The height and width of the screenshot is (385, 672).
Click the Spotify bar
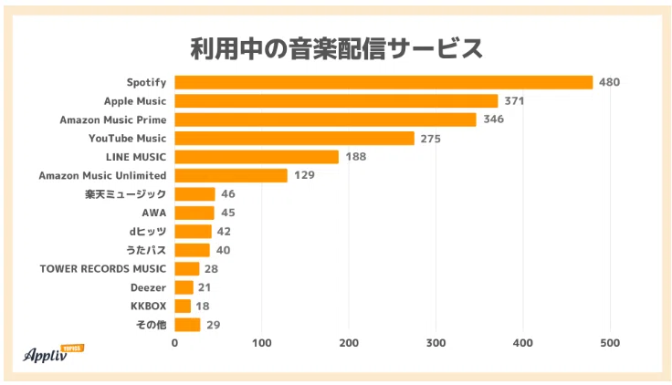click(x=383, y=82)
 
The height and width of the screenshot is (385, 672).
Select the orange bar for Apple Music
click(x=336, y=101)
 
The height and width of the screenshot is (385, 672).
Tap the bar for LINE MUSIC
click(x=257, y=157)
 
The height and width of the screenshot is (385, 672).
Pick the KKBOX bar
click(x=183, y=306)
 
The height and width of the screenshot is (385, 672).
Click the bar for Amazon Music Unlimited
click(x=231, y=175)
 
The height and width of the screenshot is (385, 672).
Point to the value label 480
click(x=609, y=82)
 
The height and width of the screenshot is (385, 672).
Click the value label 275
click(x=430, y=139)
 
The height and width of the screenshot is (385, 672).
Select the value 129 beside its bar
click(x=304, y=175)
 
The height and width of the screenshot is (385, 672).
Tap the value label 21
click(x=204, y=287)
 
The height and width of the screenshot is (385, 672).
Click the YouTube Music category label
click(x=127, y=139)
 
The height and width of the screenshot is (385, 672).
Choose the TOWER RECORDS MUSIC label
click(x=103, y=268)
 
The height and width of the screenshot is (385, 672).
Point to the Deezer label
click(x=148, y=287)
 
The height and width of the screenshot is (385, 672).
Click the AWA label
click(x=154, y=213)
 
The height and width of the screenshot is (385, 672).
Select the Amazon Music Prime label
click(x=113, y=120)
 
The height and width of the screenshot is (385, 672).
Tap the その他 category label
click(x=151, y=325)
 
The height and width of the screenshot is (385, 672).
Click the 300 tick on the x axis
click(x=436, y=343)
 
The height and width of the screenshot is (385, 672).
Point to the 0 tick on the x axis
click(x=175, y=343)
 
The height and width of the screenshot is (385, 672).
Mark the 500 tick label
click(x=610, y=343)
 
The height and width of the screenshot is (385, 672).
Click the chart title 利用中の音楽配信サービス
click(x=337, y=48)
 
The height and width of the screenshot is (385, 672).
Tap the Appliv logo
click(x=53, y=354)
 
